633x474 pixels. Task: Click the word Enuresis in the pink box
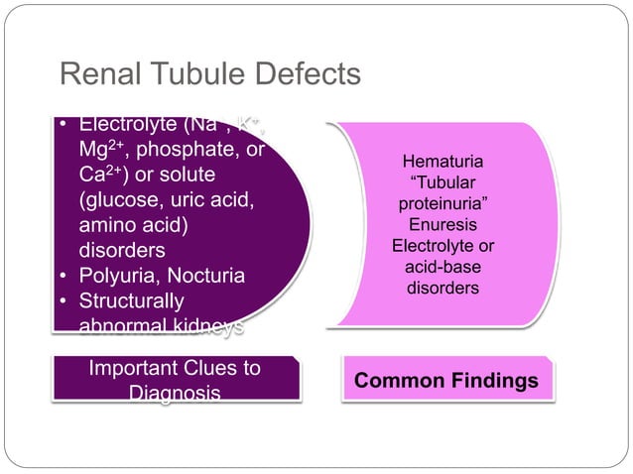click(x=443, y=225)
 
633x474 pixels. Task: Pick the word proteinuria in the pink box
click(x=443, y=204)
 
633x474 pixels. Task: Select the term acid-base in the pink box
click(x=443, y=268)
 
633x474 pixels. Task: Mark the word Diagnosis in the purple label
click(x=175, y=394)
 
